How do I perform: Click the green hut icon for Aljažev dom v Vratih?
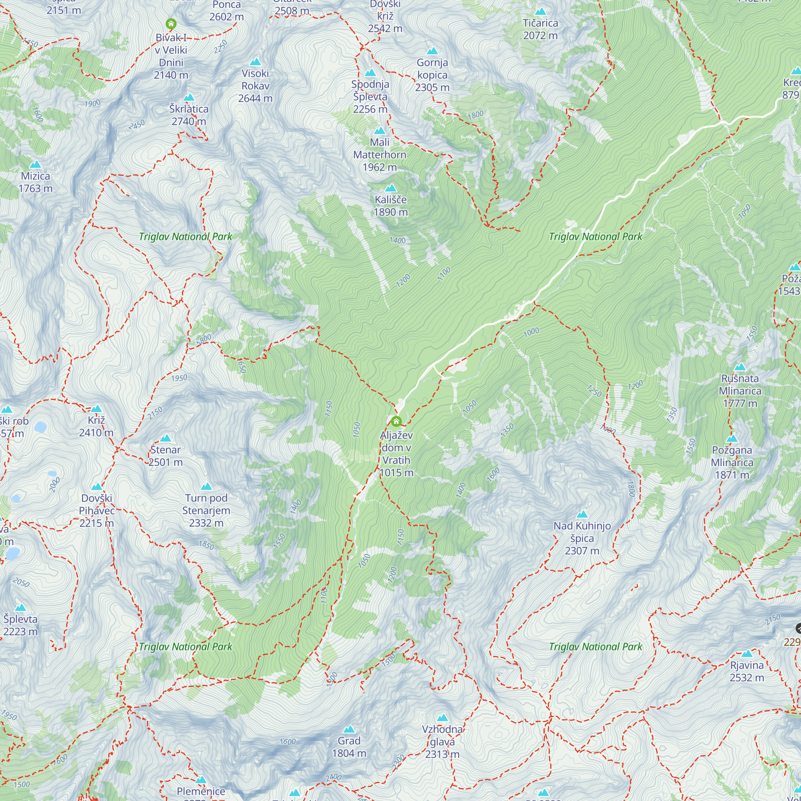[x=396, y=422]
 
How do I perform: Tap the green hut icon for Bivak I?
[x=171, y=24]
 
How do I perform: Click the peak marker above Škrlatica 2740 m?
[x=189, y=97]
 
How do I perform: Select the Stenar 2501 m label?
[x=165, y=456]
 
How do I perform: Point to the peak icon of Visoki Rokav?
[x=256, y=62]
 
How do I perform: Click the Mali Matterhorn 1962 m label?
[x=379, y=155]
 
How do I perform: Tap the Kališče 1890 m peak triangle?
[x=390, y=188]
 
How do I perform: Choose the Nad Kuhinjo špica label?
[x=582, y=538]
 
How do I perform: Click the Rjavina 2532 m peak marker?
[x=747, y=654]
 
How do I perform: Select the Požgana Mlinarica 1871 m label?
[x=732, y=462]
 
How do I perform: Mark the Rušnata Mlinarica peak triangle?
[x=740, y=367]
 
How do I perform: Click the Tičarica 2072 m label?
[x=540, y=29]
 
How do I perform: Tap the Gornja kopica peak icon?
[x=433, y=51]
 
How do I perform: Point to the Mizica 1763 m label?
[x=36, y=182]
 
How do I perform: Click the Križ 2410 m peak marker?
[x=96, y=409]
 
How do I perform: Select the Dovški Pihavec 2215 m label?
[x=97, y=510]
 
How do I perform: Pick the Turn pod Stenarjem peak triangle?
[x=206, y=486]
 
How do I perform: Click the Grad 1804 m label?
[x=349, y=747]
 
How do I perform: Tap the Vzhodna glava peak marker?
[x=443, y=718]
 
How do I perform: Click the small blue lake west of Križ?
[x=40, y=427]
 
